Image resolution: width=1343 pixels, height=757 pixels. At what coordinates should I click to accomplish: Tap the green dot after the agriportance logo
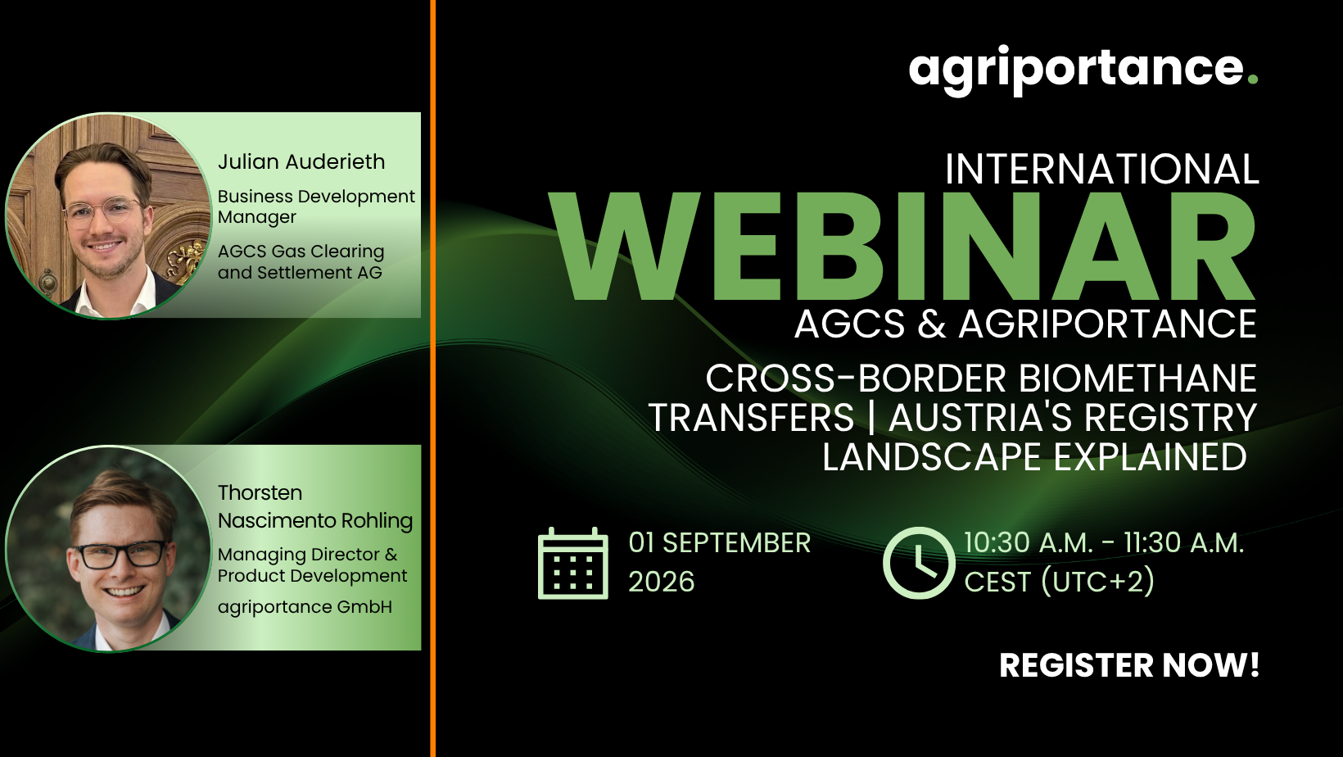point(1252,79)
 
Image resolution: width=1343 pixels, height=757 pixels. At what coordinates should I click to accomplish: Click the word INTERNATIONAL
point(1101,169)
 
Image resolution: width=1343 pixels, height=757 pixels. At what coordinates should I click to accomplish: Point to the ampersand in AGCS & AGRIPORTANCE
point(932,324)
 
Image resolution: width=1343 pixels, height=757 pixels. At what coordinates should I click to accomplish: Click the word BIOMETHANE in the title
point(1137,378)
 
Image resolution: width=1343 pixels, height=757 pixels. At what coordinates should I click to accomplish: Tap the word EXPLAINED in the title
point(1150,458)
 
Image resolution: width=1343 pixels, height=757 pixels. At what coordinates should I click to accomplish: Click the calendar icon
point(572,564)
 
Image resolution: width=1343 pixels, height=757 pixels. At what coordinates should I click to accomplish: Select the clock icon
point(919,563)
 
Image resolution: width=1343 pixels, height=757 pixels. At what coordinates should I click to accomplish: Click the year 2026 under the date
point(662,582)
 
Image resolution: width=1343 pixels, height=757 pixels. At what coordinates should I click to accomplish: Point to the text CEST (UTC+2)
point(1059,581)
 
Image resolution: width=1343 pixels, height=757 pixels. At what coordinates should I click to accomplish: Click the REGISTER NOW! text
point(1129,665)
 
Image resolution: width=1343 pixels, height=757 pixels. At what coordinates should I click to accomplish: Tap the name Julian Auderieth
point(301,162)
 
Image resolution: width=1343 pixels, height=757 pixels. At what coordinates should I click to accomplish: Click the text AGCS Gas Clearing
point(301,252)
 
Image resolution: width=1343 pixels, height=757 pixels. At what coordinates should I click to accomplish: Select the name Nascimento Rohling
point(314,521)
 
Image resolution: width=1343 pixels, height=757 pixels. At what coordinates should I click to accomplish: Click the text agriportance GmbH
point(305,607)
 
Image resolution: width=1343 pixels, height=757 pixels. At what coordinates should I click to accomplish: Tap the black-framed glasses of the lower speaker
point(122,554)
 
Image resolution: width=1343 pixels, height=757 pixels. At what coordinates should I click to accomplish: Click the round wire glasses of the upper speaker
point(103,211)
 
